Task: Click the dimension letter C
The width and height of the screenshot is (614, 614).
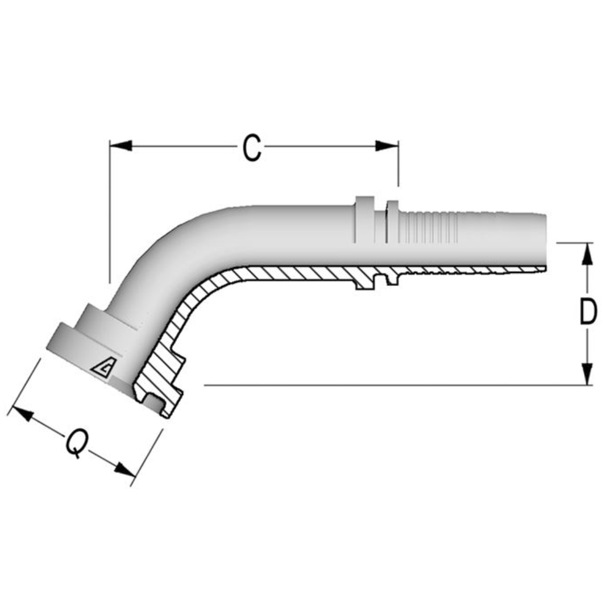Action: coord(251,148)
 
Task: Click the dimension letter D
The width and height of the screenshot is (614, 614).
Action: coord(588,313)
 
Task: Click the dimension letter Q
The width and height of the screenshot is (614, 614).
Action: coord(76,444)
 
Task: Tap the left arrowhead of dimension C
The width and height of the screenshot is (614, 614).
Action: coord(121,146)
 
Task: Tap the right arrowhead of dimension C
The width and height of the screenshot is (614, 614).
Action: coord(387,146)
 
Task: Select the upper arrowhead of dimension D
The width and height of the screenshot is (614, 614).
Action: coord(588,255)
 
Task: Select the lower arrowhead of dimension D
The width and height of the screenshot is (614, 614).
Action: coord(588,374)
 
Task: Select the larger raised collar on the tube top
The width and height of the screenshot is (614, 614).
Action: coord(365,220)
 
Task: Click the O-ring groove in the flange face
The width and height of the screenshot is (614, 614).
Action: coord(152,403)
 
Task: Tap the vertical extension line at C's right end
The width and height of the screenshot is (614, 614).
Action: coord(398,165)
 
